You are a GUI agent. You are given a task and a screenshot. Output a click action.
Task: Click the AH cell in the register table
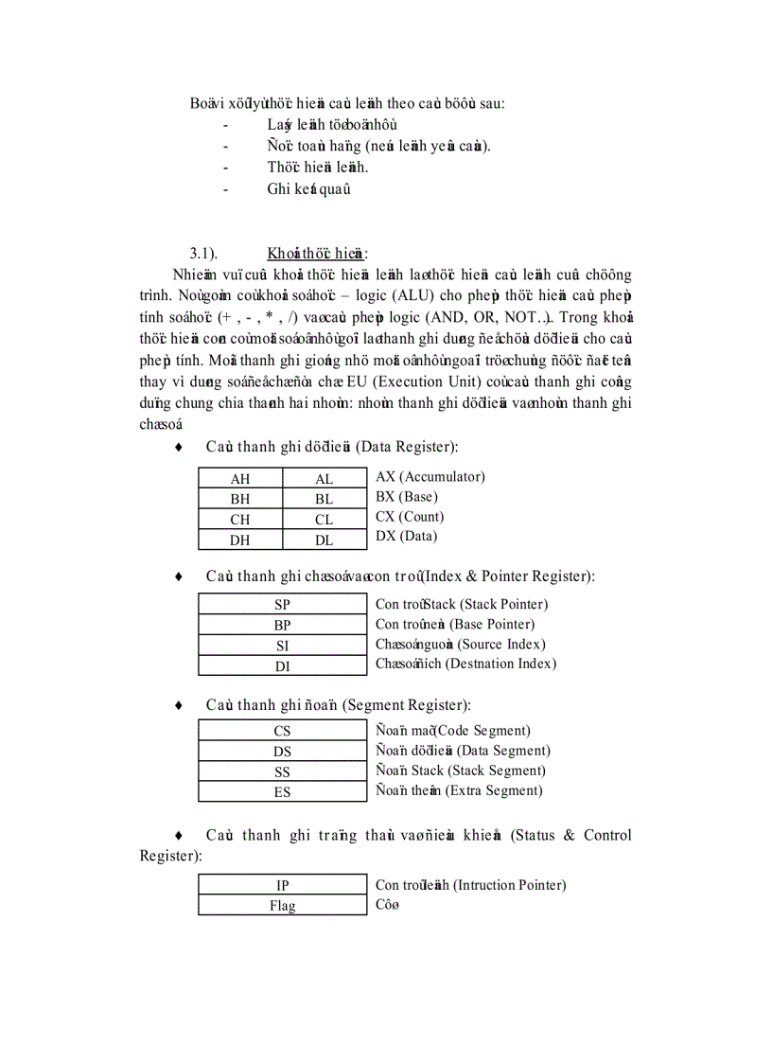pos(240,479)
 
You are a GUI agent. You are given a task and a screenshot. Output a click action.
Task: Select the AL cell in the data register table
pos(325,479)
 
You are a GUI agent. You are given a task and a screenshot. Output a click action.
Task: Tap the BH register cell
pos(240,499)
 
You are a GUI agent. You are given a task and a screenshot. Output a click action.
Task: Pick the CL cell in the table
pos(325,520)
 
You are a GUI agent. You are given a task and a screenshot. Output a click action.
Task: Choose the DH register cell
pos(240,540)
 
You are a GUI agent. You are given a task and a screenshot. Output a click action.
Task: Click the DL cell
pos(325,540)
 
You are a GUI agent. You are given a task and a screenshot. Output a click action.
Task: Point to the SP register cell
pos(282,605)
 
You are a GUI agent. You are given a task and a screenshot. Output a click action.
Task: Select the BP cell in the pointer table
pos(282,625)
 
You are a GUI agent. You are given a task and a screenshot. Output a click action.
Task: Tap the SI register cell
pos(282,646)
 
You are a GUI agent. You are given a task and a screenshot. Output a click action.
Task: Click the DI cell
pos(282,666)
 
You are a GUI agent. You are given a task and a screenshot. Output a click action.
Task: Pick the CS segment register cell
pos(282,731)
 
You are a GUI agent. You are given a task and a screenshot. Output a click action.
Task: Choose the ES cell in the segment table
pos(282,792)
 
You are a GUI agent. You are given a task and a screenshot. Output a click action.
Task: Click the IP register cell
pos(282,886)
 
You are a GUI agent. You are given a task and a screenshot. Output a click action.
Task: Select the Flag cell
pos(282,906)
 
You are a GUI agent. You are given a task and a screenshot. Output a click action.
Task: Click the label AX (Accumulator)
pos(430,477)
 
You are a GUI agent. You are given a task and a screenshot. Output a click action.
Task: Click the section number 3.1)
pos(203,253)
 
